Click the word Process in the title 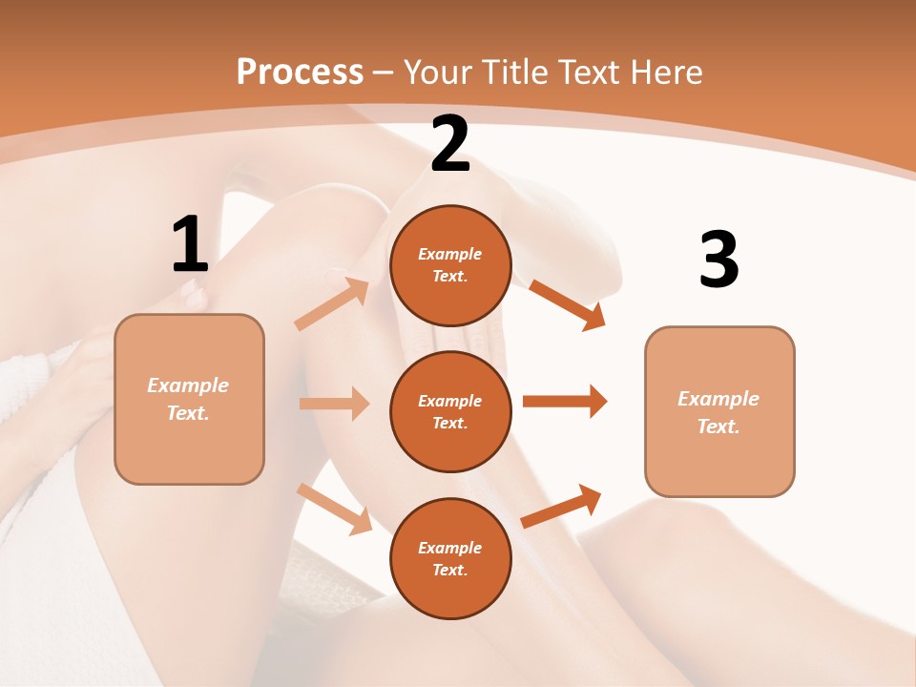coord(300,73)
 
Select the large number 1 coord(190,245)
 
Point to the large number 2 coord(450,145)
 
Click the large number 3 coord(719,260)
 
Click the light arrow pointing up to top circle coord(332,303)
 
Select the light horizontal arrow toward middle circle coord(334,404)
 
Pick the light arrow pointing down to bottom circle coord(334,509)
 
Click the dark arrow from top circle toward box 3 coord(567,304)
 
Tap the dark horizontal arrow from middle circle coord(565,401)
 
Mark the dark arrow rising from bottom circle coord(561,507)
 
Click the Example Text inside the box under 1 coord(188,399)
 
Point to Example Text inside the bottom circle coord(449,558)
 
